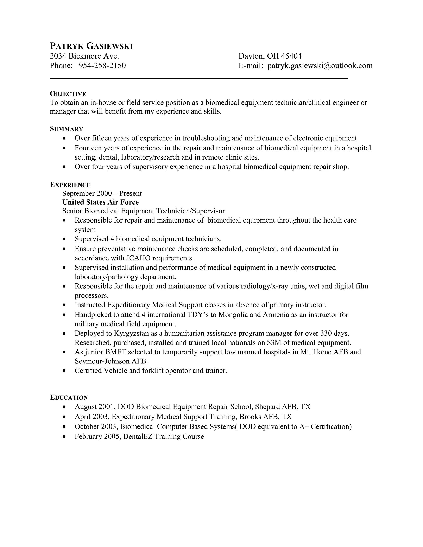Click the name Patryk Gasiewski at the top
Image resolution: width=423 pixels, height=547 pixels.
coord(91,46)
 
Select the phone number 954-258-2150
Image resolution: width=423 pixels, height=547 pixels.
coord(102,66)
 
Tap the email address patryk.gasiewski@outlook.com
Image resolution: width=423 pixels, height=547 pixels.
coord(320,66)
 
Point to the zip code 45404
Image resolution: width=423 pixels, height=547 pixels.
coord(291,56)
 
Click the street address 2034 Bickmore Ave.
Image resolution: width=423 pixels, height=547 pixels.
coord(84,56)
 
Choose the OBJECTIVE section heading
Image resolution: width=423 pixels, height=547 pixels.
coord(68,94)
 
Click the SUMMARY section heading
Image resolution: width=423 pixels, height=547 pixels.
coord(67,129)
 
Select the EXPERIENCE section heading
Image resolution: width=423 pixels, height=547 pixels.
coord(70,185)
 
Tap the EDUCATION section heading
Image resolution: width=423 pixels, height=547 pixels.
coord(69,398)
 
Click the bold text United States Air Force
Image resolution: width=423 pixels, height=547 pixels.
coord(101,202)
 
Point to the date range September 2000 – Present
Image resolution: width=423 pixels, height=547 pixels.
coord(102,193)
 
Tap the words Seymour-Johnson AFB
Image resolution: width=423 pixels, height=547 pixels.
coord(111,361)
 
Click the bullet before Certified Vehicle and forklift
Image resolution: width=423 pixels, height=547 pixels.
coord(65,371)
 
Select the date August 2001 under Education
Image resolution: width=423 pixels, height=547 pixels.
coord(95,407)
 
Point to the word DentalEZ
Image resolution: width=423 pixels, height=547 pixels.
coord(138,437)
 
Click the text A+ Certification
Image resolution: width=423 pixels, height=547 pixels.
coord(325,426)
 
